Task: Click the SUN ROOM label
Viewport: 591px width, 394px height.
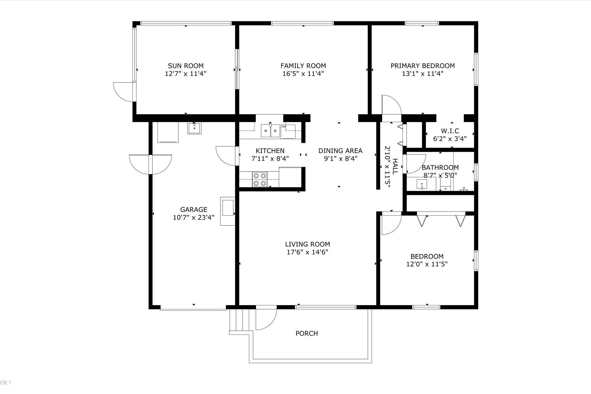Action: click(186, 66)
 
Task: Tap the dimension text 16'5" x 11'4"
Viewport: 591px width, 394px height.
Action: click(303, 74)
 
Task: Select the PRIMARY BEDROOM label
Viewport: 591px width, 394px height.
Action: click(422, 66)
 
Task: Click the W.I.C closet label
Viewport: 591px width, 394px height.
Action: click(450, 131)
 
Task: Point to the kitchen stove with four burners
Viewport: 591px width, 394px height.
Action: click(259, 179)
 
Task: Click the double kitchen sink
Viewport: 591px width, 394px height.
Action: click(270, 131)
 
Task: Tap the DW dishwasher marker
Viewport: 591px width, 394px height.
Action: click(284, 127)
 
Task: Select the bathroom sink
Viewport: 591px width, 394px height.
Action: click(422, 184)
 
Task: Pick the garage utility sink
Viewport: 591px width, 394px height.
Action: click(194, 128)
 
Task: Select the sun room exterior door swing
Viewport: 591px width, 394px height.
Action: click(124, 92)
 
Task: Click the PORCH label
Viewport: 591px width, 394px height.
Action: click(306, 333)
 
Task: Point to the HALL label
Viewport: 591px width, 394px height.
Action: click(395, 166)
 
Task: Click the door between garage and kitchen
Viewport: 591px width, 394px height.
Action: click(227, 156)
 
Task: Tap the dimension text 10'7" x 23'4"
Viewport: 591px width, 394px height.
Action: click(193, 218)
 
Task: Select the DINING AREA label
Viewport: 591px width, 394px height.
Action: click(340, 151)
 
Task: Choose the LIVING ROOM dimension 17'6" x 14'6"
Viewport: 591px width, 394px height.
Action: click(307, 252)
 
